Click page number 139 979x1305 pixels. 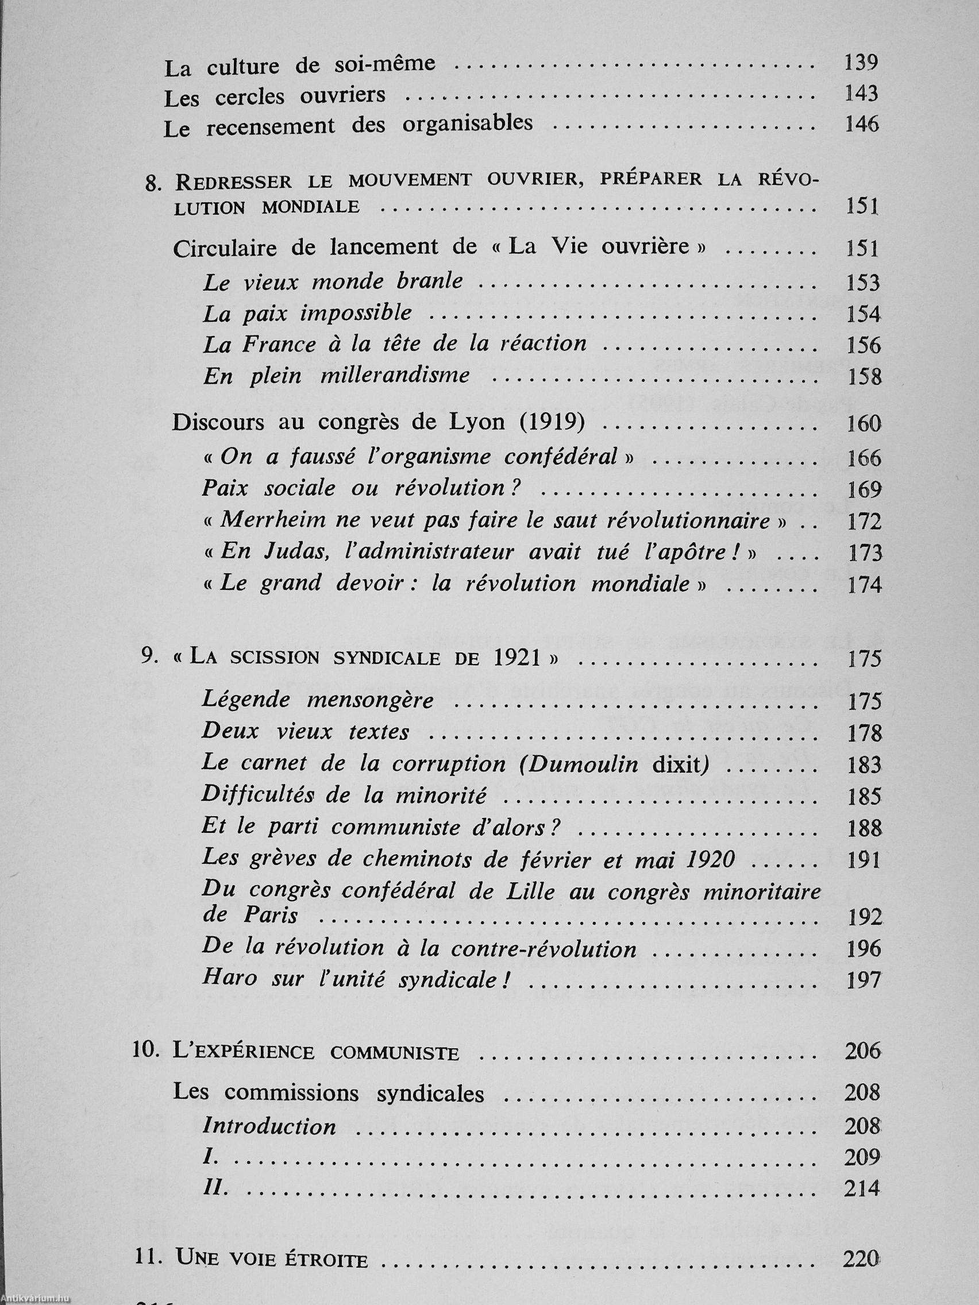click(x=861, y=62)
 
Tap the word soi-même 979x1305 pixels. click(x=385, y=64)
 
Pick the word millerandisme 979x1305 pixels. click(x=395, y=375)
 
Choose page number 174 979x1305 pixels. click(x=864, y=585)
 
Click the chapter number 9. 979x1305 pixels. click(x=149, y=658)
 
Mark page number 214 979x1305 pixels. click(x=862, y=1188)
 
